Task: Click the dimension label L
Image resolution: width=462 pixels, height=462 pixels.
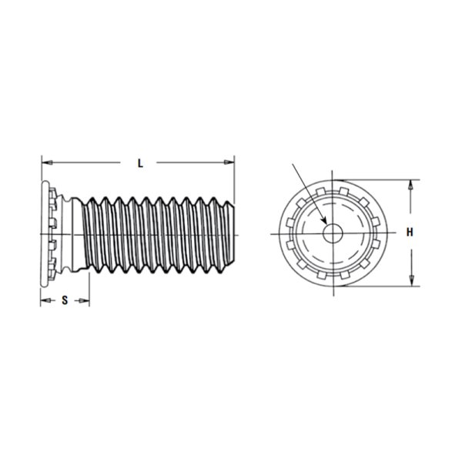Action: [x=141, y=163]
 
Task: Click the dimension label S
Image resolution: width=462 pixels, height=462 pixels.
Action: [x=65, y=300]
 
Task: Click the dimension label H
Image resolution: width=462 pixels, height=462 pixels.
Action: [x=410, y=233]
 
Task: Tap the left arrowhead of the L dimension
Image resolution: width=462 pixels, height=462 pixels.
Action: [x=47, y=162]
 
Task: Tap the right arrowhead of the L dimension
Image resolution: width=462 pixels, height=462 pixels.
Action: [x=229, y=162]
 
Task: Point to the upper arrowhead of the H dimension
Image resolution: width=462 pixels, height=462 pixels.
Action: [x=410, y=185]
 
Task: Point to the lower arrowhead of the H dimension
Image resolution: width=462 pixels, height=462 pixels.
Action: [x=412, y=281]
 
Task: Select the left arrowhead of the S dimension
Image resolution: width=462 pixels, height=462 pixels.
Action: [x=45, y=300]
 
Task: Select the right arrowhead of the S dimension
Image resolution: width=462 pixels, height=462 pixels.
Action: [x=84, y=300]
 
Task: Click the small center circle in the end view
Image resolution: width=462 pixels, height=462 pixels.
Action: [x=333, y=233]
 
